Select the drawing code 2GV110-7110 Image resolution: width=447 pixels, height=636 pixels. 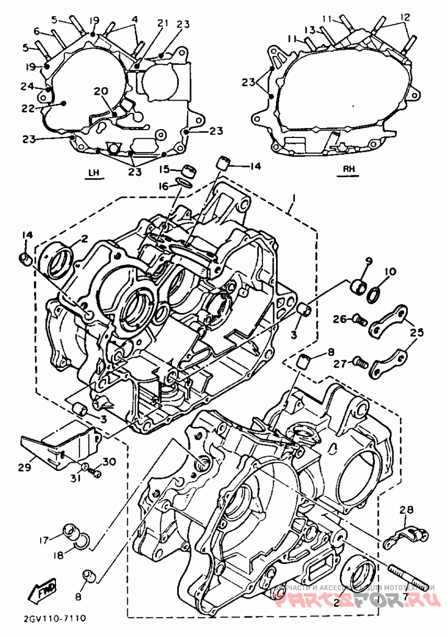(54, 619)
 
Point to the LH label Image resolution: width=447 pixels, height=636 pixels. (93, 172)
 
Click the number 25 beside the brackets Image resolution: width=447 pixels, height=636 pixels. (416, 333)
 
